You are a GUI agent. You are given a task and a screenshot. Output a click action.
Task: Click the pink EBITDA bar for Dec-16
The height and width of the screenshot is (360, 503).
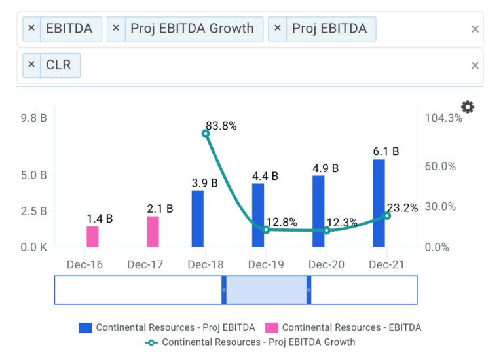point(92,237)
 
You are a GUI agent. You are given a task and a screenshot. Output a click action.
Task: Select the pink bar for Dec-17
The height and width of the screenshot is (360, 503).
point(153,232)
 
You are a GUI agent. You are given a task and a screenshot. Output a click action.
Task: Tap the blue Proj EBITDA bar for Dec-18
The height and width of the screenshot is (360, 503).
point(198,219)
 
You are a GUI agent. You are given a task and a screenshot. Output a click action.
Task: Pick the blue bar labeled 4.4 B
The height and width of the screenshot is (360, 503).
point(258,215)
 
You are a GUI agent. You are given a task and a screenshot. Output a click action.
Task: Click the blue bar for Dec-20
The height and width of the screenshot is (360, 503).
point(318,211)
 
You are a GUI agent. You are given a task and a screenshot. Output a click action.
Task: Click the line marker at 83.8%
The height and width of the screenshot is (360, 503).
point(206,134)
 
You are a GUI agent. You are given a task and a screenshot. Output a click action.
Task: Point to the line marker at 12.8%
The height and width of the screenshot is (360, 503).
point(266,230)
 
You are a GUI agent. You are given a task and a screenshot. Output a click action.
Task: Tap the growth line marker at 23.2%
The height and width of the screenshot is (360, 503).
point(387,215)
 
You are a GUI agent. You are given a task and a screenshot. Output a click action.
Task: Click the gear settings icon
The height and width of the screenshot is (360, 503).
point(468,107)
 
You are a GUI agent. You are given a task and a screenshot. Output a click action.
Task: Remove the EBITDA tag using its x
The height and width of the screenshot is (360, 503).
point(31,29)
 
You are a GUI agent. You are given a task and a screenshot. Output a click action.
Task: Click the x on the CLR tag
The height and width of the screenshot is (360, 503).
point(31,65)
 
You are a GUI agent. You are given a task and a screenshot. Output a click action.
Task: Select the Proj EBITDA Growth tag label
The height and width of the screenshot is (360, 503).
point(192,29)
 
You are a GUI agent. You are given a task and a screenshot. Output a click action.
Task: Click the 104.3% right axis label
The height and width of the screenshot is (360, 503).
point(443,118)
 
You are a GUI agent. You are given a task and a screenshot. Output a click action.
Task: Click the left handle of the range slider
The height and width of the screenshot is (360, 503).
point(224,290)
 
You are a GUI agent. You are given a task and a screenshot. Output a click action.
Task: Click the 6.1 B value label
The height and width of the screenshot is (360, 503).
point(386,151)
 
